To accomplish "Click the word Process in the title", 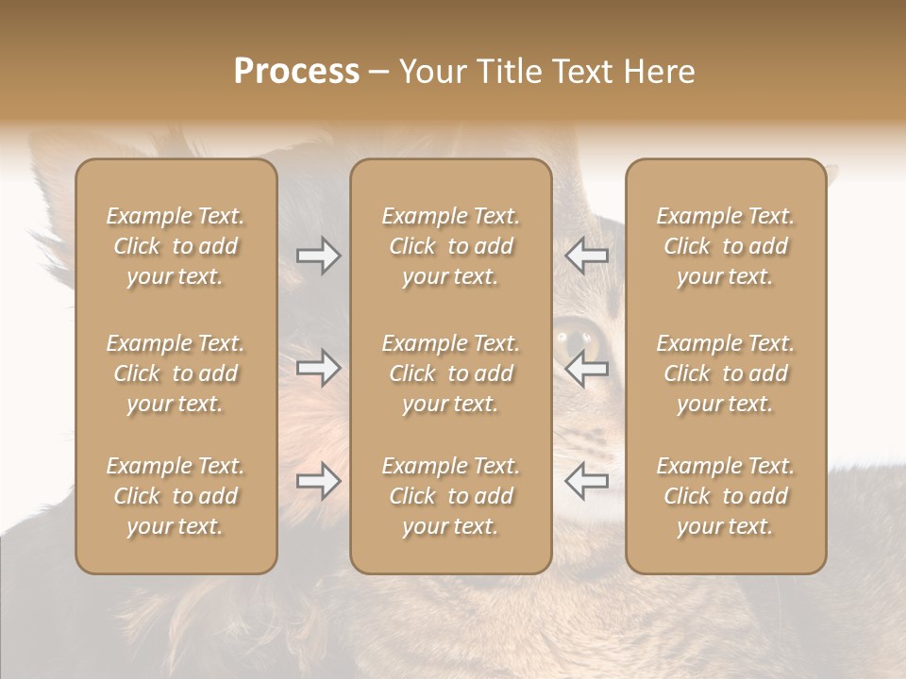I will pos(296,72).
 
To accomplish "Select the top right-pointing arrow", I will pos(318,256).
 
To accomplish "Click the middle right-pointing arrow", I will pos(318,368).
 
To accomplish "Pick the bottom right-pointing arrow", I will pos(318,481).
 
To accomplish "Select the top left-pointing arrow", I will pos(586,256).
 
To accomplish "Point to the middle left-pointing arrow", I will pos(586,368).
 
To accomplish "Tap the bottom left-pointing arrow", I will pos(586,481).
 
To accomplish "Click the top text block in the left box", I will pos(176,246).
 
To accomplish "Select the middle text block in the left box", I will pos(176,373).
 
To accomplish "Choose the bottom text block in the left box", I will pos(176,496).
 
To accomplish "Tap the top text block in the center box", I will pos(450,246).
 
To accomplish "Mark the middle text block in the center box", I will pos(450,373).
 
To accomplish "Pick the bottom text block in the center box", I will pos(450,496).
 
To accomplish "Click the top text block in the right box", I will pos(726,246).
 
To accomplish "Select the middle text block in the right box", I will pos(726,373).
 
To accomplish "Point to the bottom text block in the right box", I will pos(726,496).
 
